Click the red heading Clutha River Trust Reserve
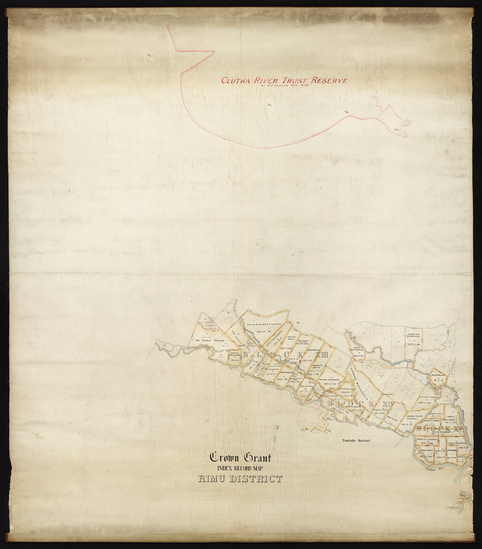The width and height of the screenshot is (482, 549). [x=284, y=80]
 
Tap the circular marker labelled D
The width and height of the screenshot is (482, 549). [x=148, y=55]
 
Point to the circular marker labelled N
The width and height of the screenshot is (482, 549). [x=269, y=105]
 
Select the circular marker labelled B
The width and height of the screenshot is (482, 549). [x=345, y=111]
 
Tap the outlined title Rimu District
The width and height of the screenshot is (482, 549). [x=240, y=479]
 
